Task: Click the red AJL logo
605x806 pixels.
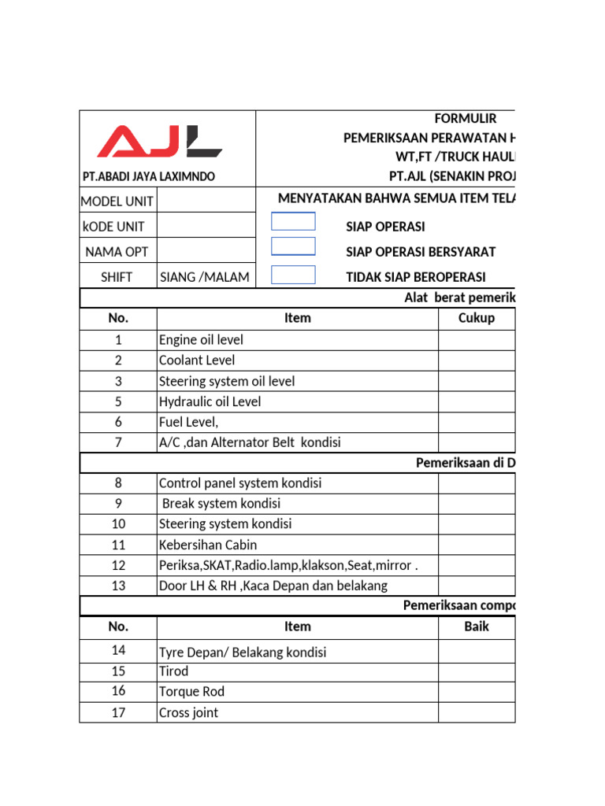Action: pyautogui.click(x=160, y=142)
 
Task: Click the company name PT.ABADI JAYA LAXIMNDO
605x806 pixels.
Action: pyautogui.click(x=149, y=176)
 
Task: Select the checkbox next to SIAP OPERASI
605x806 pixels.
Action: pyautogui.click(x=293, y=221)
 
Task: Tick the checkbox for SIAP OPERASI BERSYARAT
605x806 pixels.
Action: pyautogui.click(x=293, y=246)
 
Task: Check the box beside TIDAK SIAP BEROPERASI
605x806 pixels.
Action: pyautogui.click(x=293, y=275)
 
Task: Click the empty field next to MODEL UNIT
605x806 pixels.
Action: pyautogui.click(x=206, y=201)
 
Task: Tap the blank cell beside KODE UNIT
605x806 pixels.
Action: pyautogui.click(x=206, y=227)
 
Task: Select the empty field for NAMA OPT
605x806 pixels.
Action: pyautogui.click(x=206, y=252)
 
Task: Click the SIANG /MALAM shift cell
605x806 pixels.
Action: pyautogui.click(x=205, y=277)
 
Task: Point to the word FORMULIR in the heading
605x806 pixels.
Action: pyautogui.click(x=466, y=119)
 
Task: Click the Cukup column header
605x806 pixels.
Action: pyautogui.click(x=476, y=318)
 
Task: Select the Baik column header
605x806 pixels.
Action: pyautogui.click(x=476, y=627)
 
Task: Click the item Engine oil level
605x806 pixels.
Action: pyautogui.click(x=201, y=340)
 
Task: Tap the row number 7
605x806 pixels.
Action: pyautogui.click(x=118, y=442)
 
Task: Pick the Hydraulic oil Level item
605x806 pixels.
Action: pyautogui.click(x=210, y=401)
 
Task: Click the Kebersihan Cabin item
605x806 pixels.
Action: pyautogui.click(x=208, y=545)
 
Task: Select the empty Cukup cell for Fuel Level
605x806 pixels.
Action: pyautogui.click(x=476, y=422)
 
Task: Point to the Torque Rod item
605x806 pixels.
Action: pyautogui.click(x=191, y=692)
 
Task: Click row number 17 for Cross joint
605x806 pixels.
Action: pyautogui.click(x=118, y=712)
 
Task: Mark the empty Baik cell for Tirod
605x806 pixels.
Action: pyautogui.click(x=476, y=671)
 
